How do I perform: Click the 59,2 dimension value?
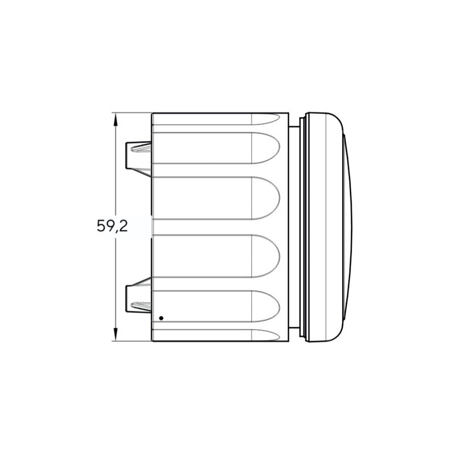pyautogui.click(x=112, y=226)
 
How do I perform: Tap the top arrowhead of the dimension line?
pyautogui.click(x=116, y=119)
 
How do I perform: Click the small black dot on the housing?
pyautogui.click(x=162, y=318)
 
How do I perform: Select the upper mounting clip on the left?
pyautogui.click(x=138, y=159)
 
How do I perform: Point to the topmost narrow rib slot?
pyautogui.click(x=216, y=119)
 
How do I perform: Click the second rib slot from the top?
pyautogui.click(x=216, y=148)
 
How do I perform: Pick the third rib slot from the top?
pyautogui.click(x=216, y=198)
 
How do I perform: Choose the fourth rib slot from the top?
pyautogui.click(x=216, y=256)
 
